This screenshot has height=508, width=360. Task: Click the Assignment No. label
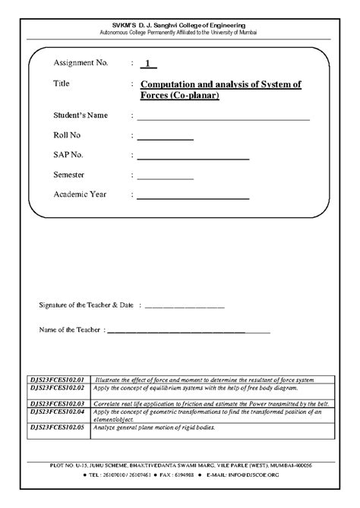pos(84,63)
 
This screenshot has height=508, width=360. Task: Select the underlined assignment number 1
pos(147,64)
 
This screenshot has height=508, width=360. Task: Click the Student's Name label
pos(81,115)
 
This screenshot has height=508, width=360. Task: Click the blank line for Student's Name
pos(223,118)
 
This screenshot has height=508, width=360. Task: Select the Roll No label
pos(69,135)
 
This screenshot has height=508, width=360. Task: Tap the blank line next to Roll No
pos(165,139)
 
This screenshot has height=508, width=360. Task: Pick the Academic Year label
pos(80,194)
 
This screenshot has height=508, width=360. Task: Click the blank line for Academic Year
pos(193,197)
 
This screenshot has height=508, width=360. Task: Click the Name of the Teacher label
pos(71,330)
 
